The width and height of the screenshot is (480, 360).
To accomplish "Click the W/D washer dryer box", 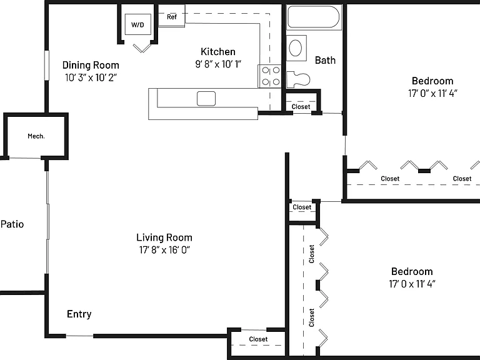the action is point(137,24).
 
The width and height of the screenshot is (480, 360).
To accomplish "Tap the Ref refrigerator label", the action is point(172,17).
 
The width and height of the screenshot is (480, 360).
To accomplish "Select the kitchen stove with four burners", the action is point(270,76).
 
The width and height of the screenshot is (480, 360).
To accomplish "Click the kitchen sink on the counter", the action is point(206,99).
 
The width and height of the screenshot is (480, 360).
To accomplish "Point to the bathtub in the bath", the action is point(314,17).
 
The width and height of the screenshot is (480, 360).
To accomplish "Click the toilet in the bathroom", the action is point(298,79).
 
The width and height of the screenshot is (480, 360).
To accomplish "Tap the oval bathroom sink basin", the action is point(296,47).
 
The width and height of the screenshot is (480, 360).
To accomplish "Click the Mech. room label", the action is point(36,136).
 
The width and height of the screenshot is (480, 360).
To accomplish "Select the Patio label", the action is point(12,224).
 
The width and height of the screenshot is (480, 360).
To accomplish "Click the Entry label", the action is point(79,314).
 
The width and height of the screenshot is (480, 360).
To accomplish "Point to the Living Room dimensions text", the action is point(164,250).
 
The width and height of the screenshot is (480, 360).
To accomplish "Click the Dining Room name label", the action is point(91,65).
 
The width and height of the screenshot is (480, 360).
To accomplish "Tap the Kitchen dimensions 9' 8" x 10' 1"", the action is point(218,64).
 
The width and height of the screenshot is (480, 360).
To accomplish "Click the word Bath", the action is point(325,60).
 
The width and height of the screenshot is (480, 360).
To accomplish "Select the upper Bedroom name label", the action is point(432,81).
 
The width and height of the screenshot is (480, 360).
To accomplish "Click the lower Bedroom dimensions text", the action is point(412,284).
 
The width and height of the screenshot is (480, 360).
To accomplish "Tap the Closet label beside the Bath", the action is point(301,106).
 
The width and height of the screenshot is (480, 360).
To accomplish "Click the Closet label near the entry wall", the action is point(258,339).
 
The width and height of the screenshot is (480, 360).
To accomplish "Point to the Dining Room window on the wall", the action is point(47,66).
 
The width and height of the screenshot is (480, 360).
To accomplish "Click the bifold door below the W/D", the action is point(142,48).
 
